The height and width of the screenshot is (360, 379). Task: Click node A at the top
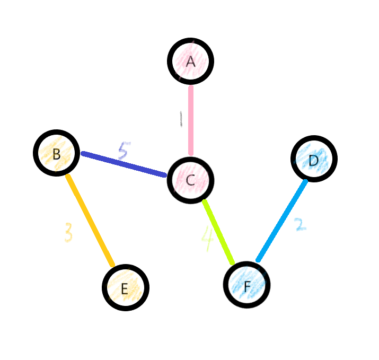pyautogui.click(x=191, y=61)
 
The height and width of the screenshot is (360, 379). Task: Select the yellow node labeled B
pyautogui.click(x=57, y=153)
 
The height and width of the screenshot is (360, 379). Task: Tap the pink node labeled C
pyautogui.click(x=191, y=180)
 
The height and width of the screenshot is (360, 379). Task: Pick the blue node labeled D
pyautogui.click(x=314, y=159)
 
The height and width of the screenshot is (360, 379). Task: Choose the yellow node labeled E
pyautogui.click(x=126, y=287)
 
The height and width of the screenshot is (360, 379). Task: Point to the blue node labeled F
pyautogui.click(x=247, y=285)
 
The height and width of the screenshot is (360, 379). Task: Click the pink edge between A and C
pyautogui.click(x=191, y=120)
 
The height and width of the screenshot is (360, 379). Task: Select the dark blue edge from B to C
pyautogui.click(x=124, y=164)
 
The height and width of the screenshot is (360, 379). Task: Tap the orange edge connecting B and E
pyautogui.click(x=90, y=221)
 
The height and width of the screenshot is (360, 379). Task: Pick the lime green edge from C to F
pyautogui.click(x=218, y=232)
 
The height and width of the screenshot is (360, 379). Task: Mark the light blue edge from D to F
pyautogui.click(x=282, y=221)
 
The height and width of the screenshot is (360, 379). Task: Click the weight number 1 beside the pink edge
pyautogui.click(x=181, y=119)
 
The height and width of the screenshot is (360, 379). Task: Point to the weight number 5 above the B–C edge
pyautogui.click(x=123, y=151)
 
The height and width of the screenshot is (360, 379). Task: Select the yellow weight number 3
pyautogui.click(x=68, y=232)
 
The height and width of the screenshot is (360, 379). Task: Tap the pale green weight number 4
pyautogui.click(x=207, y=239)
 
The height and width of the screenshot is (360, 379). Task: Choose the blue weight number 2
pyautogui.click(x=300, y=224)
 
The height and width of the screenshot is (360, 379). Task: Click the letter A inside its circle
pyautogui.click(x=191, y=62)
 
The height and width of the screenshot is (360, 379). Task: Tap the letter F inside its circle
pyautogui.click(x=247, y=287)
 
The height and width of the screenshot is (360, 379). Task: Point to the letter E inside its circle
pyautogui.click(x=125, y=289)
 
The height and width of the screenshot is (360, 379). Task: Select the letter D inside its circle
pyautogui.click(x=314, y=160)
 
